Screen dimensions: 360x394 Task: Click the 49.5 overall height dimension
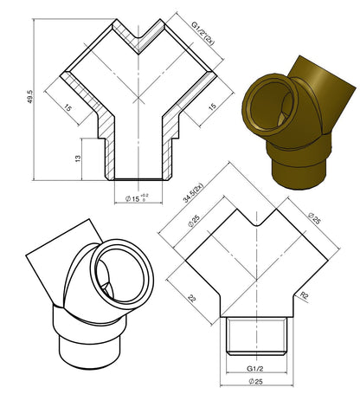(30, 97)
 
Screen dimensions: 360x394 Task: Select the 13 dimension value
(78, 158)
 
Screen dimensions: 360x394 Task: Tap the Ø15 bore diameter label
(132, 198)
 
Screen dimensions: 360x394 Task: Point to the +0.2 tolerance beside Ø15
(145, 196)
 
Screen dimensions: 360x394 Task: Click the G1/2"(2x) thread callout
(202, 33)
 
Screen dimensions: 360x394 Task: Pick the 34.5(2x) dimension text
(193, 193)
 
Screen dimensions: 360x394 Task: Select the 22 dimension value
(192, 298)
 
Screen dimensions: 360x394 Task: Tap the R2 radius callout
(305, 295)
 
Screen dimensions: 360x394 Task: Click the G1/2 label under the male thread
(255, 368)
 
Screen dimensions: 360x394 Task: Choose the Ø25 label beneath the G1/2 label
(255, 381)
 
